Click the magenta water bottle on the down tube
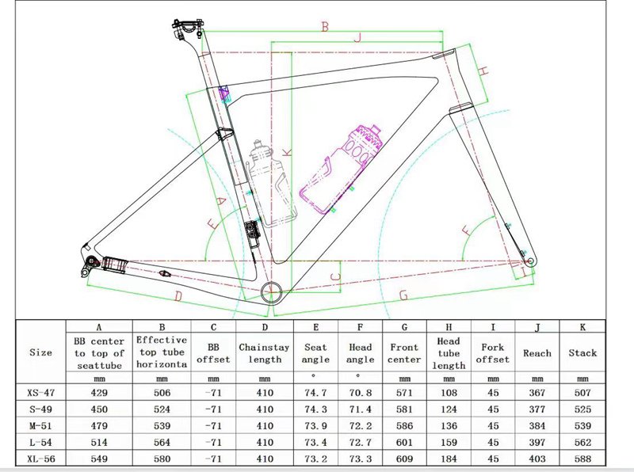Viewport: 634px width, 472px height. (341, 169)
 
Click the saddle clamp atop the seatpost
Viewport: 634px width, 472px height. (186, 29)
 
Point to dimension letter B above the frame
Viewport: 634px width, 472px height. (325, 27)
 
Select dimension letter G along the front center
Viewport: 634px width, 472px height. (403, 295)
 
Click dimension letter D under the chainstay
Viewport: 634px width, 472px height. (178, 297)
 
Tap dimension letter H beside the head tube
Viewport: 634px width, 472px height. (483, 71)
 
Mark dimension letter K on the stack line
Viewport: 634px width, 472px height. (287, 152)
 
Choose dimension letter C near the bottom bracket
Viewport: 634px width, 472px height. (335, 277)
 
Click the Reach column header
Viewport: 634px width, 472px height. (537, 353)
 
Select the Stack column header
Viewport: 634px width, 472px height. (582, 352)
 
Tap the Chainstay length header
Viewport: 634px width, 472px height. (265, 353)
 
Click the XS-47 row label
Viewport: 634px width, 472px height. (41, 392)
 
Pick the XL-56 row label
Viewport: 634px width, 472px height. (41, 459)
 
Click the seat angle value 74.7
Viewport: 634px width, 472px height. (315, 392)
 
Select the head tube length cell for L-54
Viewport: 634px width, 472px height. (449, 442)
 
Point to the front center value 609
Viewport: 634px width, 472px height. (404, 459)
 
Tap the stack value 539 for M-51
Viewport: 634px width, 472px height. (582, 425)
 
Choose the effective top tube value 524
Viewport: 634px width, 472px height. (162, 409)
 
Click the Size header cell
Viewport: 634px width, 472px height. (40, 352)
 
